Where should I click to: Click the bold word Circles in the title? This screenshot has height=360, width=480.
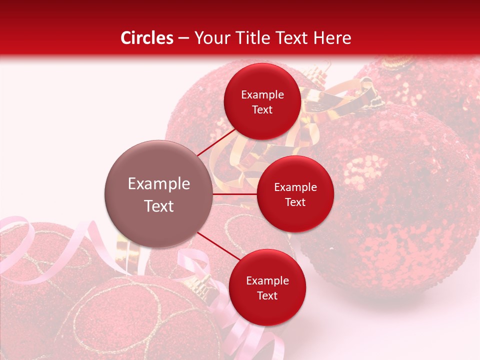click(146, 38)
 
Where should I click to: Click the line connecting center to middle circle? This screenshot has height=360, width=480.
click(235, 194)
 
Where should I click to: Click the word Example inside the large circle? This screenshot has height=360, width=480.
click(158, 184)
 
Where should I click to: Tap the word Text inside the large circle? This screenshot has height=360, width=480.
click(158, 206)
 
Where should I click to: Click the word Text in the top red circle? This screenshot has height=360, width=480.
click(262, 109)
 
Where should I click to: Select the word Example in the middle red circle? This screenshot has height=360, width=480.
click(295, 187)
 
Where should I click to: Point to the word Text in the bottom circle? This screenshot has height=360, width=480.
click(267, 295)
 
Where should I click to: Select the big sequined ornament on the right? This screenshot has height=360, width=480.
click(395, 200)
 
